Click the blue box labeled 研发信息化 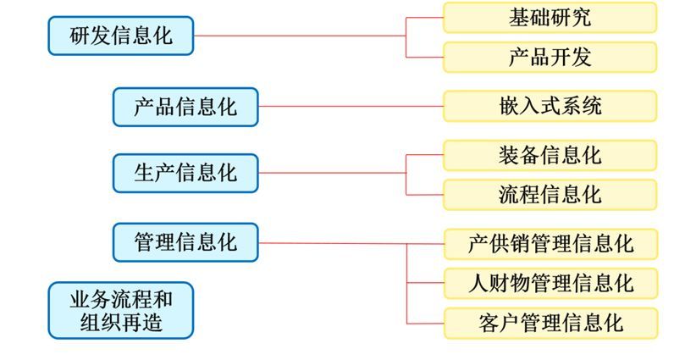(121, 36)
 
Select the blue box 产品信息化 (185, 108)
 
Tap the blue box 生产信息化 (185, 174)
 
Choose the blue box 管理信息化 (185, 243)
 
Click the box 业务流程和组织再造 (121, 310)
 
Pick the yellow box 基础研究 (550, 18)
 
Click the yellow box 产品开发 (550, 57)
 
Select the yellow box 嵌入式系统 (550, 107)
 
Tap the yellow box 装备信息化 (550, 155)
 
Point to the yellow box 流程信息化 (550, 194)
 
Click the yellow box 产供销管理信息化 (550, 244)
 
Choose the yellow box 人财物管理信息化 (550, 282)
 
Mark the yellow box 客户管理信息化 (550, 322)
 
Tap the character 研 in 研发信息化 (80, 36)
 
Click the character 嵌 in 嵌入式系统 (510, 107)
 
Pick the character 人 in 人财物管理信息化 (478, 282)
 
